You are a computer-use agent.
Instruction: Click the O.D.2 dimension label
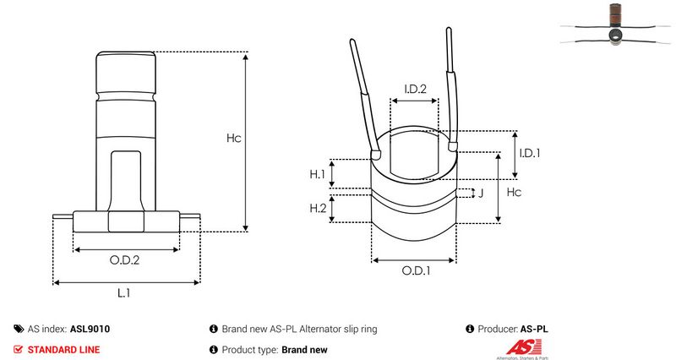(124, 260)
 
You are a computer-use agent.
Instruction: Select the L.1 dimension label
(123, 293)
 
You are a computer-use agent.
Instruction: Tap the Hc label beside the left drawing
(234, 138)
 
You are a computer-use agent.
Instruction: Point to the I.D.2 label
(415, 89)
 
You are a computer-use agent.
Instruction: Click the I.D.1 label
(530, 153)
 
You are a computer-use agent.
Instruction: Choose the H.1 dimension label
(318, 174)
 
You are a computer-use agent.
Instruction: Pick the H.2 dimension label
(319, 208)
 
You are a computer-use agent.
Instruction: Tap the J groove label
(481, 193)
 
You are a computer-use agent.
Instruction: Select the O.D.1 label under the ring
(416, 270)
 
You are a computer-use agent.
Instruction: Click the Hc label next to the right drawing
(514, 192)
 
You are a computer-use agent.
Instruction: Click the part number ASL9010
(90, 329)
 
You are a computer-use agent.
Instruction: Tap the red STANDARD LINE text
(64, 350)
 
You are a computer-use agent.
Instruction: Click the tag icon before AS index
(19, 329)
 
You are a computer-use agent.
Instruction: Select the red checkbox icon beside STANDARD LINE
(18, 349)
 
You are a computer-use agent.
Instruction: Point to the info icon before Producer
(470, 329)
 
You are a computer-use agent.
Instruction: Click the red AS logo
(523, 347)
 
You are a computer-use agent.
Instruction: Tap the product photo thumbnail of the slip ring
(615, 25)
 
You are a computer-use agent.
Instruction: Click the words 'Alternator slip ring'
(339, 329)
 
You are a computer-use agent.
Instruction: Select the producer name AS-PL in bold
(534, 329)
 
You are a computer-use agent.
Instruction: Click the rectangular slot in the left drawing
(125, 181)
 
